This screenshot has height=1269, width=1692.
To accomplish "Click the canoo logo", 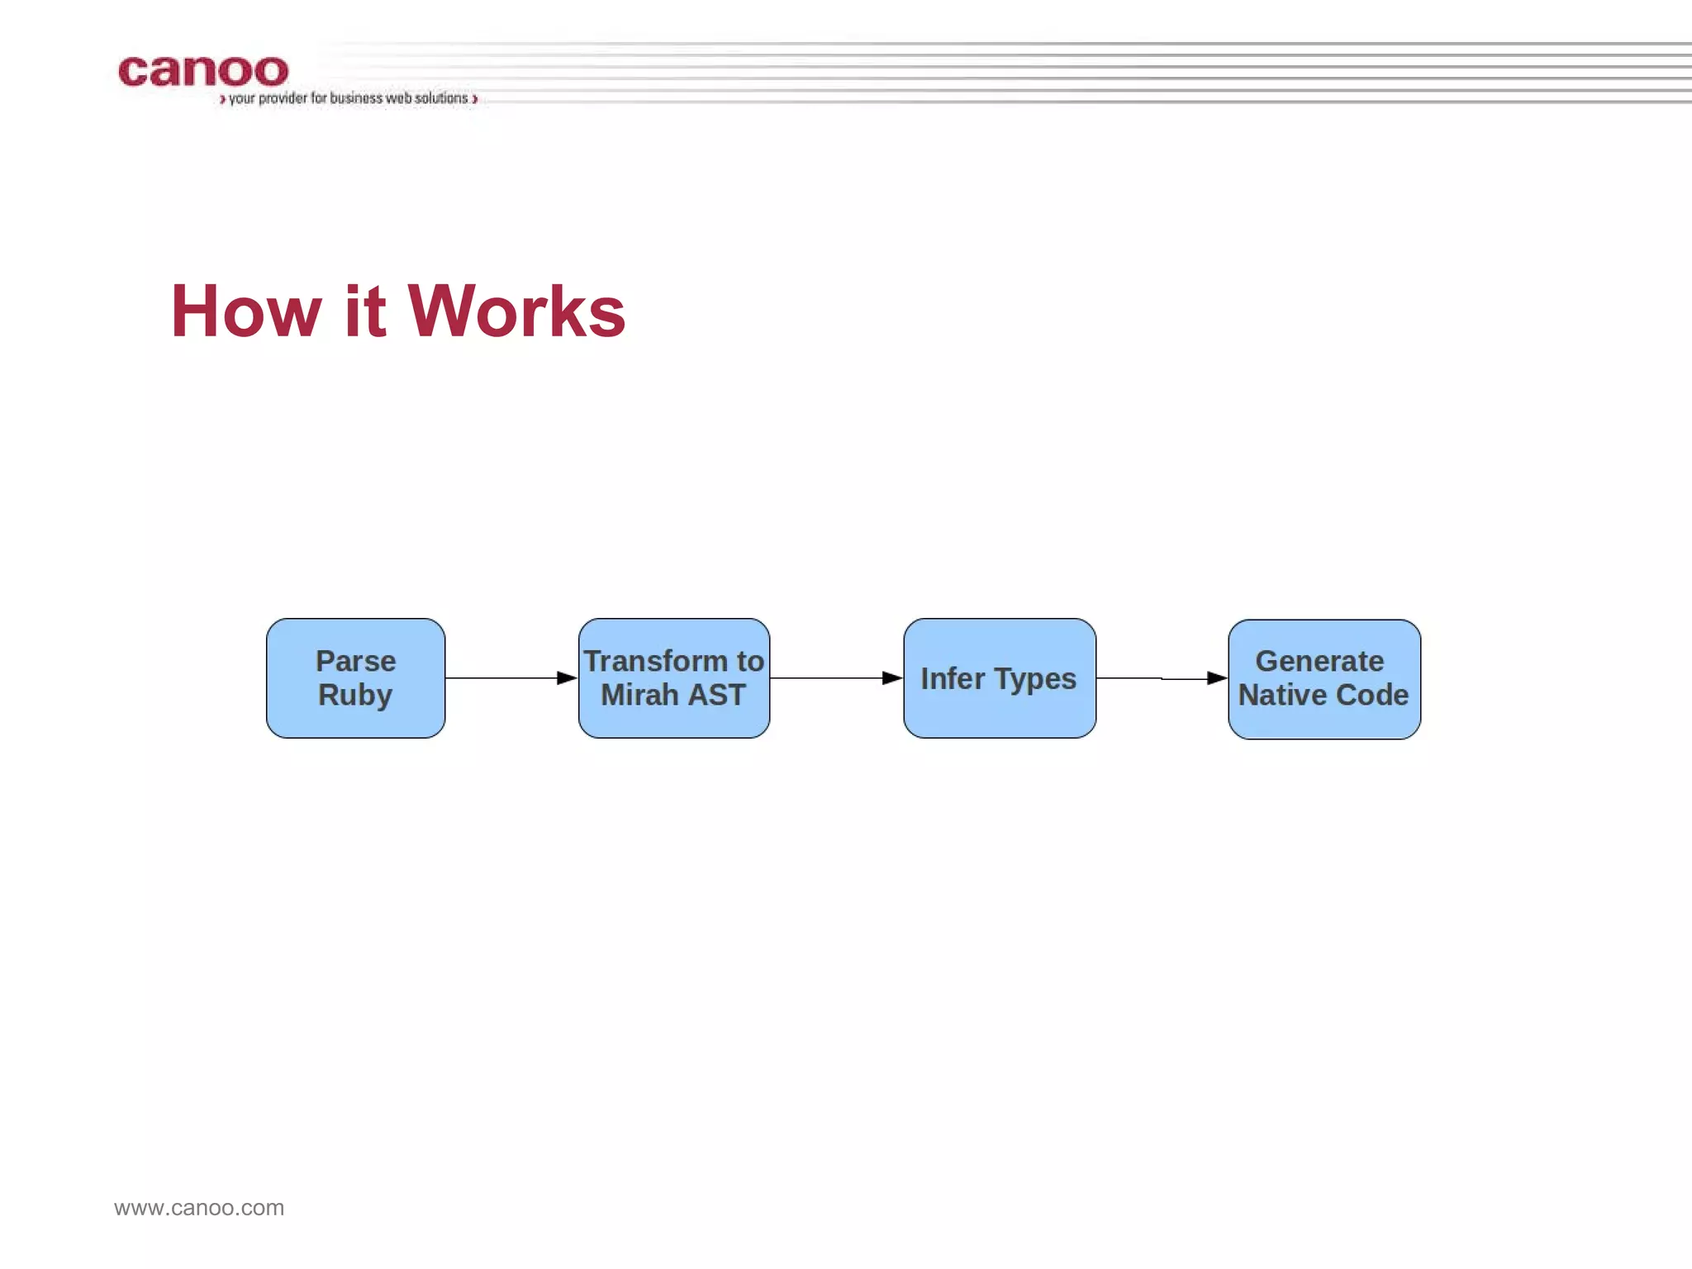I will point(203,72).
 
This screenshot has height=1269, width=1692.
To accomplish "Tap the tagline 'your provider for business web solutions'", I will point(348,98).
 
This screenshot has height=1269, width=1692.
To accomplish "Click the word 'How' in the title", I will point(245,311).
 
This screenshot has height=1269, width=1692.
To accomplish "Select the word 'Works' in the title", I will point(516,311).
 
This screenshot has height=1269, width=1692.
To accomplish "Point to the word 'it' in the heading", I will point(364,311).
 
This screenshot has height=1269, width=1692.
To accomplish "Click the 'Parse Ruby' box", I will point(355,678).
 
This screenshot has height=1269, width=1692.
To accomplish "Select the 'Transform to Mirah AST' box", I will point(673,678).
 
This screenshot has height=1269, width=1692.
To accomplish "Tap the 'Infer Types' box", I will point(999,678).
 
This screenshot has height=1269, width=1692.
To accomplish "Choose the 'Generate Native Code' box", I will point(1324,679).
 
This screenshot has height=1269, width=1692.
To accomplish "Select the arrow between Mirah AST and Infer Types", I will point(834,678).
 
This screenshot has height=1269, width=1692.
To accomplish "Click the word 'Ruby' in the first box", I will point(355,696).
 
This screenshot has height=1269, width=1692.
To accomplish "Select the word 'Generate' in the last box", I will point(1319,661).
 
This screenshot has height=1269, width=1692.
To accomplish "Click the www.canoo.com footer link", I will point(199,1208).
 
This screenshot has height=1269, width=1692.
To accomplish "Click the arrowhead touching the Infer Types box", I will point(892,678).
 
